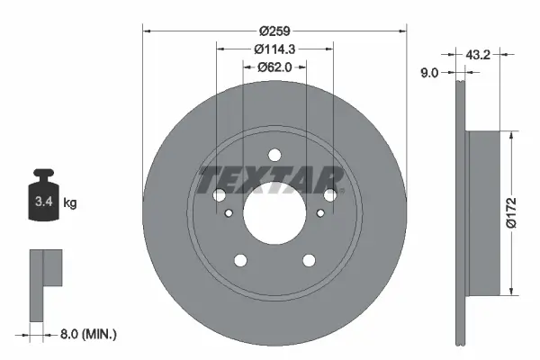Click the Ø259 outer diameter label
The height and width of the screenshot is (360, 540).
pyautogui.click(x=274, y=30)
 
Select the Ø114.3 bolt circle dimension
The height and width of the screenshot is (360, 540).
pyautogui.click(x=274, y=49)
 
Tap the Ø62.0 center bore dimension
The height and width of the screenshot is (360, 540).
pyautogui.click(x=274, y=67)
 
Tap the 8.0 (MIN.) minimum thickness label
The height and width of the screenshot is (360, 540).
pyautogui.click(x=87, y=333)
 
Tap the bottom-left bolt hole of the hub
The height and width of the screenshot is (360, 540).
pyautogui.click(x=240, y=260)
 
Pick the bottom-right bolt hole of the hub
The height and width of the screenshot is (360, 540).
pyautogui.click(x=309, y=260)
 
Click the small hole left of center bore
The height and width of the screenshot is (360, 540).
pyautogui.click(x=230, y=213)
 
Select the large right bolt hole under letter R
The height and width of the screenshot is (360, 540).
pyautogui.click(x=330, y=194)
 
